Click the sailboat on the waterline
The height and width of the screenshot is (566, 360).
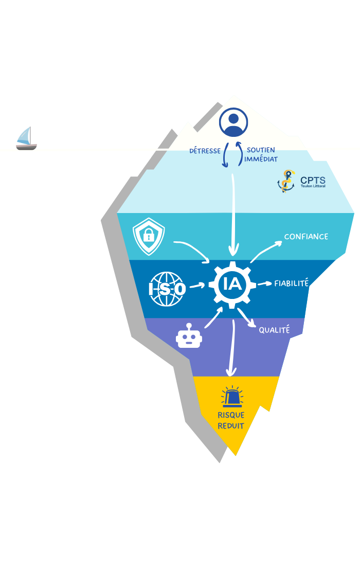pyautogui.click(x=26, y=138)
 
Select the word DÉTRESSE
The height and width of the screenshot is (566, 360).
pyautogui.click(x=205, y=151)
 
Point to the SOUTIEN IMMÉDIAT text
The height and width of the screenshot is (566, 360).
pyautogui.click(x=261, y=154)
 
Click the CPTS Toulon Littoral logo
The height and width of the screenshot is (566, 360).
pyautogui.click(x=301, y=181)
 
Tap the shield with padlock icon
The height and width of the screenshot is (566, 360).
pyautogui.click(x=149, y=236)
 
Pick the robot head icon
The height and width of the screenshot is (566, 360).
pyautogui.click(x=189, y=337)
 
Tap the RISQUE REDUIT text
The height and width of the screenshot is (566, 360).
pyautogui.click(x=231, y=420)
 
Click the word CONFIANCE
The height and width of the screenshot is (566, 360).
pyautogui.click(x=306, y=237)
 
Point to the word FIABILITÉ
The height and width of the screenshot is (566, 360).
pyautogui.click(x=291, y=283)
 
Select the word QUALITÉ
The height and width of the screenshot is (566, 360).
pyautogui.click(x=274, y=330)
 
